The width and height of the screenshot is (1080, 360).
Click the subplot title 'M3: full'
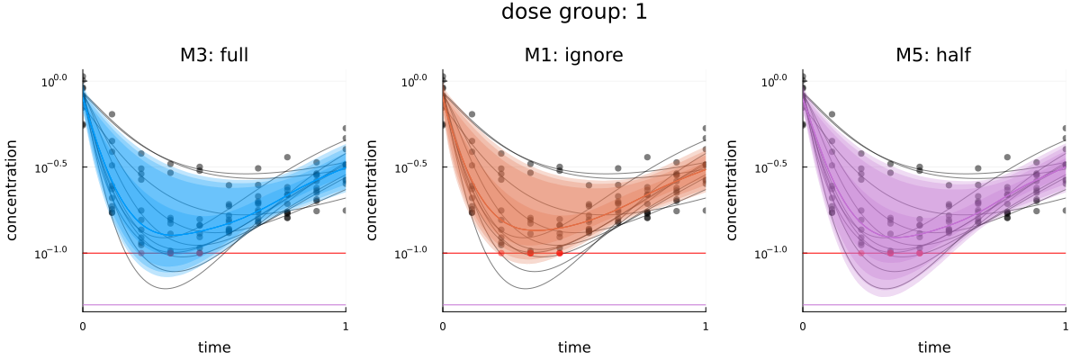pyautogui.click(x=214, y=55)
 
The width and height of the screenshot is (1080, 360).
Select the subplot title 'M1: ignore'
pyautogui.click(x=573, y=55)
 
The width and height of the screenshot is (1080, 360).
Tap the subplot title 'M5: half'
pyautogui.click(x=933, y=55)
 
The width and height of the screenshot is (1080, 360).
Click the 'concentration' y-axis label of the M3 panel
pyautogui.click(x=13, y=191)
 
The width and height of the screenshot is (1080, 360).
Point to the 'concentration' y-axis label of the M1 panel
pyautogui.click(x=373, y=191)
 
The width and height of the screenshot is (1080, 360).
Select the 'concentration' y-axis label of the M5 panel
pyautogui.click(x=733, y=191)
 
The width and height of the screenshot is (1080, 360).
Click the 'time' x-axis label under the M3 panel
pyautogui.click(x=214, y=347)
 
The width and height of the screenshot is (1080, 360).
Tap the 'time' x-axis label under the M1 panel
pyautogui.click(x=573, y=347)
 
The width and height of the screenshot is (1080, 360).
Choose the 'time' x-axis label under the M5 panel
pyautogui.click(x=933, y=347)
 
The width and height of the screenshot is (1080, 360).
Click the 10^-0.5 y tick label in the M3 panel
pyautogui.click(x=54, y=166)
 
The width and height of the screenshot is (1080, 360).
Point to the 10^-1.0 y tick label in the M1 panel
pyautogui.click(x=413, y=252)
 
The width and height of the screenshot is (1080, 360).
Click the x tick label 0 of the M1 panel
pyautogui.click(x=443, y=325)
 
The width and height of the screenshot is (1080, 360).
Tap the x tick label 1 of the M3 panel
pyautogui.click(x=346, y=325)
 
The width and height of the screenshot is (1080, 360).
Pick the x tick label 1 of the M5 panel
pyautogui.click(x=1065, y=325)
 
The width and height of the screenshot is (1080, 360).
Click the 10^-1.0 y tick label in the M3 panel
pyautogui.click(x=54, y=252)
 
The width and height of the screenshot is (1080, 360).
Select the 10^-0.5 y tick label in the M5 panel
pyautogui.click(x=773, y=166)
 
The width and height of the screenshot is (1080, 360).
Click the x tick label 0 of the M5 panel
pyautogui.click(x=803, y=325)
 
